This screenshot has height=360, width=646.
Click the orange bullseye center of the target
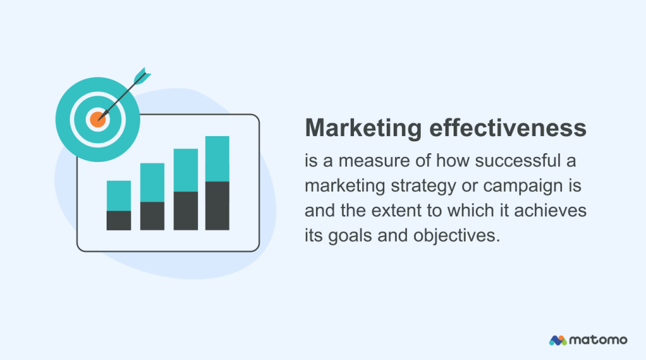97,118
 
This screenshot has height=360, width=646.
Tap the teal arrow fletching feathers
143,75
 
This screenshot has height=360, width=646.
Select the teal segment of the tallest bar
217,158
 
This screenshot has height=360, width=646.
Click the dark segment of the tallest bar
217,206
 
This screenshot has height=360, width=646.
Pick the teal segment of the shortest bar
119,195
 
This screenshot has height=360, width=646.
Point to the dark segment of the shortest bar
119,220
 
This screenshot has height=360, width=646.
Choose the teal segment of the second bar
152,182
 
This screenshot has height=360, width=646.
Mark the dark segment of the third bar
185,211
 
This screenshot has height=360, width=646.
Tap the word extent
399,211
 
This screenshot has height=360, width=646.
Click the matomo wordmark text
598,340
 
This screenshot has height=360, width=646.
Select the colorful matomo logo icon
558,340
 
